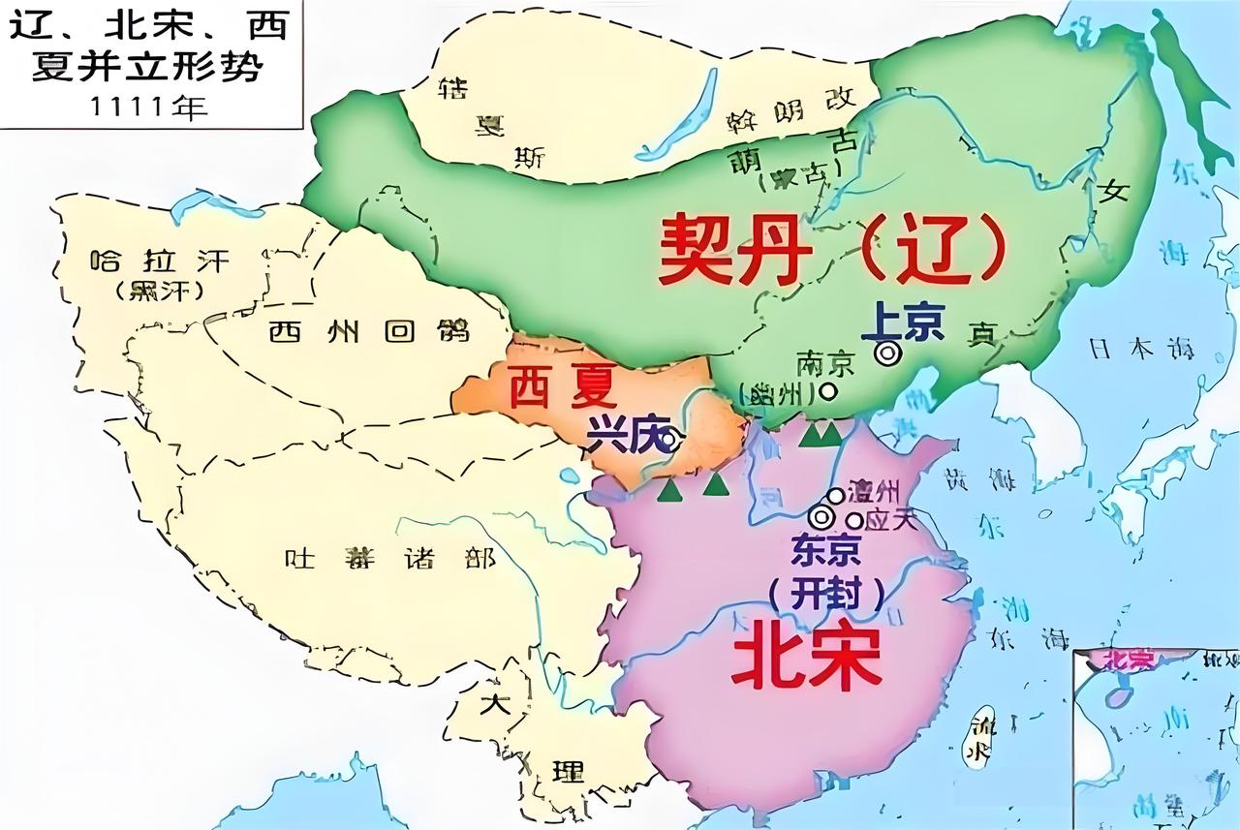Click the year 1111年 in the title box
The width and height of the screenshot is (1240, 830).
coord(150,106)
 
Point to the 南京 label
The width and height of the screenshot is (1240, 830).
coord(825,364)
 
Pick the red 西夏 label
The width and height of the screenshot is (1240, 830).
coord(562,388)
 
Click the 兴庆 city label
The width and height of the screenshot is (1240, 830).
coord(621,438)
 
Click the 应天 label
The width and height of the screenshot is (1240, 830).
coord(888,519)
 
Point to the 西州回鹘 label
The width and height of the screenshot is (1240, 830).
coord(368,331)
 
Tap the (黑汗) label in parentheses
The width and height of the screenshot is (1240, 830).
coord(159,290)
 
